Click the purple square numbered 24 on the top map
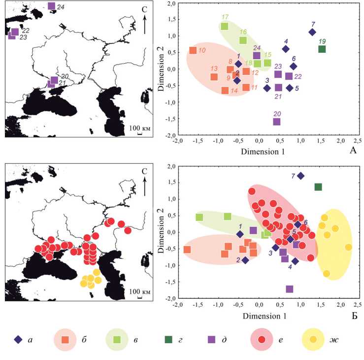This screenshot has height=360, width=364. pos(52,6)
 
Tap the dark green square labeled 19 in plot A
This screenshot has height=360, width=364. pos(322,49)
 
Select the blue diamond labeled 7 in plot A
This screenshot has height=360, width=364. pos(312,32)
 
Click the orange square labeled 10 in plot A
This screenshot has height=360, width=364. pos(193,50)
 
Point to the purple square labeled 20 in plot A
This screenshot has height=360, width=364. pos(277,121)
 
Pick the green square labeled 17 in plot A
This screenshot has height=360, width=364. pos(225,27)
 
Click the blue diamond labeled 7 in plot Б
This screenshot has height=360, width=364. pos(300,176)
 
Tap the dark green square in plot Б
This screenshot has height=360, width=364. pos(318,187)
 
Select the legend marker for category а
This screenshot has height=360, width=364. pos(19,339)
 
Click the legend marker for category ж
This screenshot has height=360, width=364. pos(312,339)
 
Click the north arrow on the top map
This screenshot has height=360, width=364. pos(144,24)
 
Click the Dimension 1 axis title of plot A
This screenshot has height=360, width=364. pos(263,152)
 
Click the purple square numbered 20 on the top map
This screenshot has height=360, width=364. pos(54,80)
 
